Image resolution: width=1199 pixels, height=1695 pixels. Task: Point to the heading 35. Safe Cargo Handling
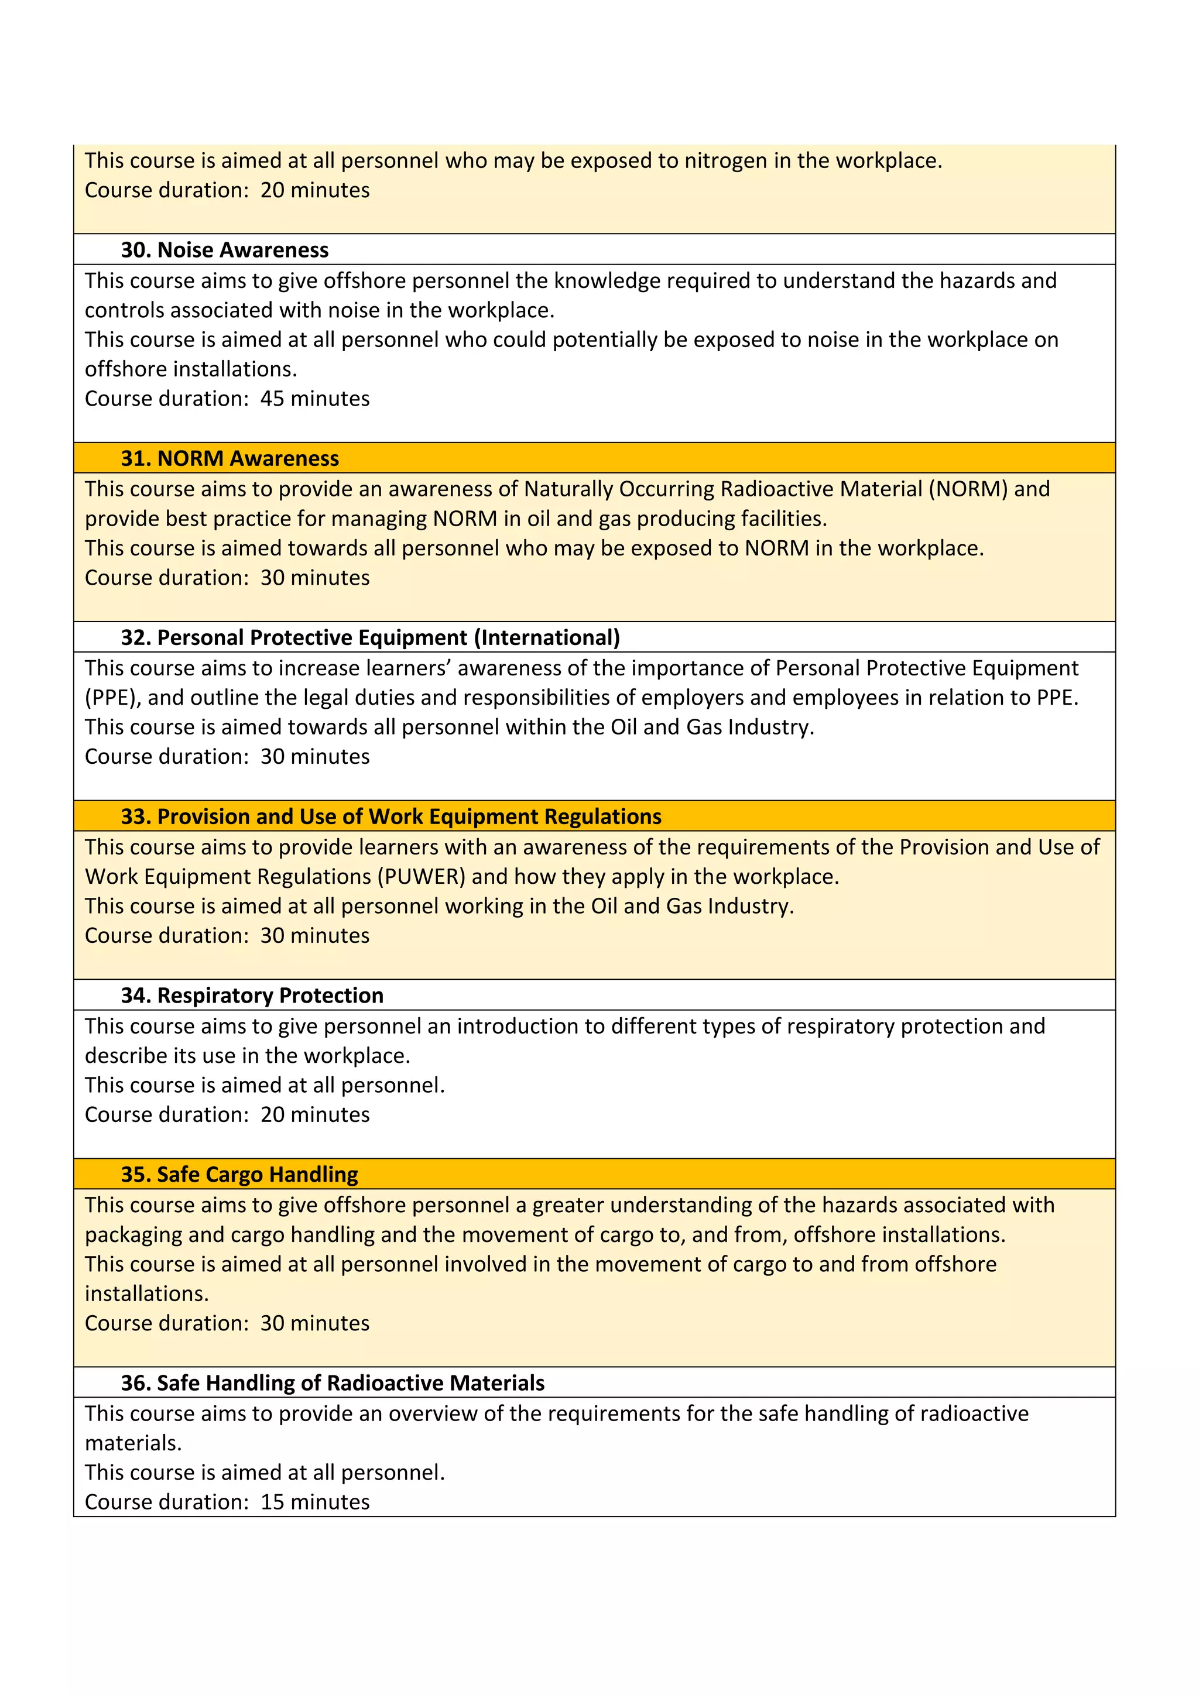coord(239,1174)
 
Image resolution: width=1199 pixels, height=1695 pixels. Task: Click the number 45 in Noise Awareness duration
coord(272,399)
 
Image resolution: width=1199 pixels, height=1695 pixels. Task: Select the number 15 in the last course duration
coord(272,1502)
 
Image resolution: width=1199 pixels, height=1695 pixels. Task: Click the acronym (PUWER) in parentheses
coord(422,876)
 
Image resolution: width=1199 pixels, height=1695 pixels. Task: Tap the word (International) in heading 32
coord(546,637)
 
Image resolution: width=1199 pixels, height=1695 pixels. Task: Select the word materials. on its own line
coord(133,1443)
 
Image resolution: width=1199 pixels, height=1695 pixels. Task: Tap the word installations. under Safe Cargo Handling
coord(146,1293)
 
